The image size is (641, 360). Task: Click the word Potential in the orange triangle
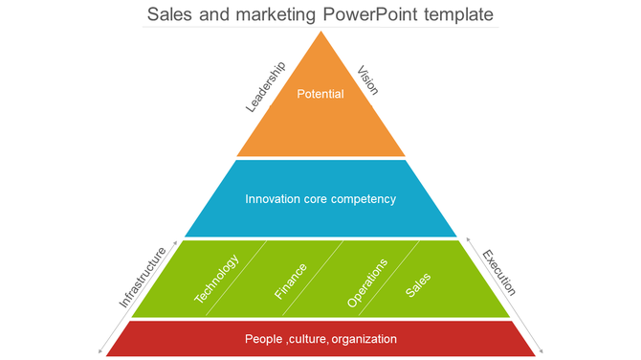click(x=320, y=94)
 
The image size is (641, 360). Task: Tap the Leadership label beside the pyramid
click(x=266, y=87)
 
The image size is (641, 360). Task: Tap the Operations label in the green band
click(x=367, y=282)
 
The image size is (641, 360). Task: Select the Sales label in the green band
click(x=418, y=284)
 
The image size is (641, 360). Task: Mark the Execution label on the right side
click(x=498, y=273)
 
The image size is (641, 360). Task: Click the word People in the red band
click(x=263, y=339)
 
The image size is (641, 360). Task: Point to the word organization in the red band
click(x=365, y=339)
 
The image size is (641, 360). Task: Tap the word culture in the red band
click(x=307, y=339)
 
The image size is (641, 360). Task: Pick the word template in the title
click(x=459, y=15)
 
